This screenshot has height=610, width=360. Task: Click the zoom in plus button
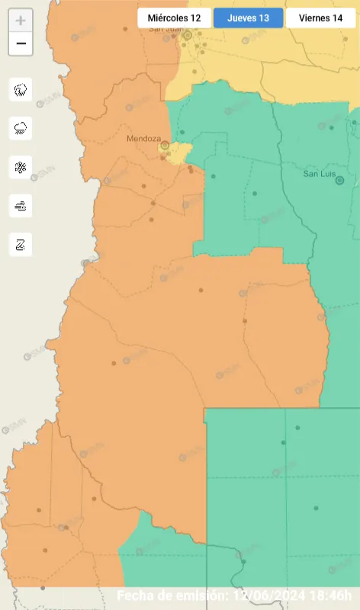21,21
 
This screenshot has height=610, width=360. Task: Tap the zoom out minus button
21,43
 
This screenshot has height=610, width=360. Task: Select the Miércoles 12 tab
175,18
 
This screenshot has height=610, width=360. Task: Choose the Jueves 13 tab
248,18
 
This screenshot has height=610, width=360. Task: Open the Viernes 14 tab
320,18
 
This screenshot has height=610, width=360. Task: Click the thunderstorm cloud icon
21,90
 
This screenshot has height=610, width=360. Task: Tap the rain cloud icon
21,128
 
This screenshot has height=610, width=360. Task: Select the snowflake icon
21,167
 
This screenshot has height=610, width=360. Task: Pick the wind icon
21,205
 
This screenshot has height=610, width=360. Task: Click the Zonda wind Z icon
21,244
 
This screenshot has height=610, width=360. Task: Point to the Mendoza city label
143,139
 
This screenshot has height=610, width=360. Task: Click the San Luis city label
319,173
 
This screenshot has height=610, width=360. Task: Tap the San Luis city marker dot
339,181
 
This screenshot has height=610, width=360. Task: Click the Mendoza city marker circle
164,145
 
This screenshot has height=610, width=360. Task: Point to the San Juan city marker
187,34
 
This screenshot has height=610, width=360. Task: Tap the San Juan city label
166,29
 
